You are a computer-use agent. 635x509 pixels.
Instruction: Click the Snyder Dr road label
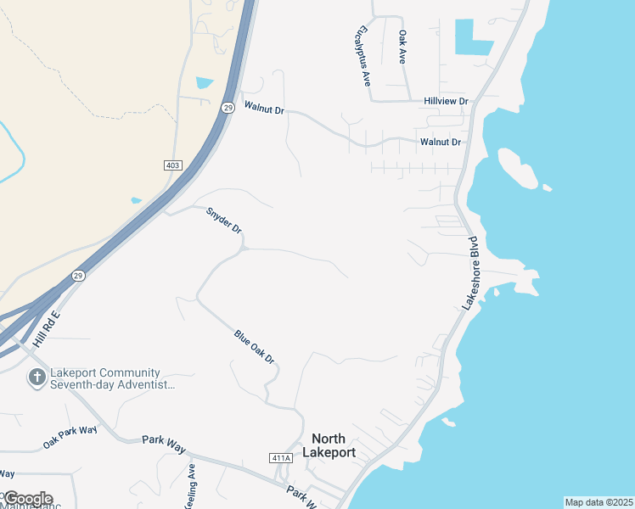tap(224, 220)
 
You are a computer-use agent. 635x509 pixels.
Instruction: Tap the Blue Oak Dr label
tap(255, 347)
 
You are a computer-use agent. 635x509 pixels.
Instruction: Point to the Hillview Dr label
tap(446, 101)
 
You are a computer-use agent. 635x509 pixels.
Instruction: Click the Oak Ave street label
tap(402, 48)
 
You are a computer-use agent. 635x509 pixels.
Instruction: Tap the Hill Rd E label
tap(47, 329)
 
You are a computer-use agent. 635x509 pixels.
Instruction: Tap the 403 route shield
tap(172, 163)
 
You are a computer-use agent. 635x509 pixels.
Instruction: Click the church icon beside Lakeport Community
tap(37, 378)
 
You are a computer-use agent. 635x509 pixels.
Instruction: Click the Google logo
tap(27, 498)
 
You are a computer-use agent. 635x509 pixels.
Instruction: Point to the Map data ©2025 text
tap(598, 502)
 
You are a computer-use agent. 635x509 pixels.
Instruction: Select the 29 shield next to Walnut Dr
tap(228, 108)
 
